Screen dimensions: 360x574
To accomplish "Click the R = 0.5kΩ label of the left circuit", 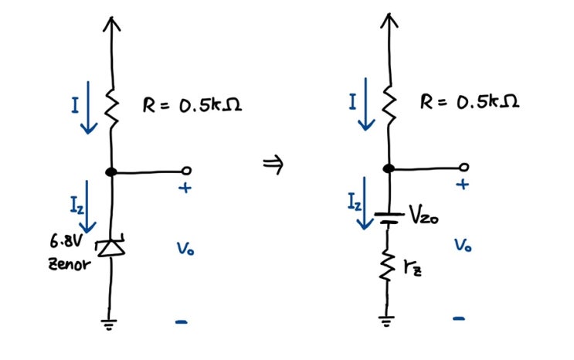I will [x=192, y=104].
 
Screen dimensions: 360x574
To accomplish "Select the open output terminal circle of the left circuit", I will [x=186, y=171].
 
